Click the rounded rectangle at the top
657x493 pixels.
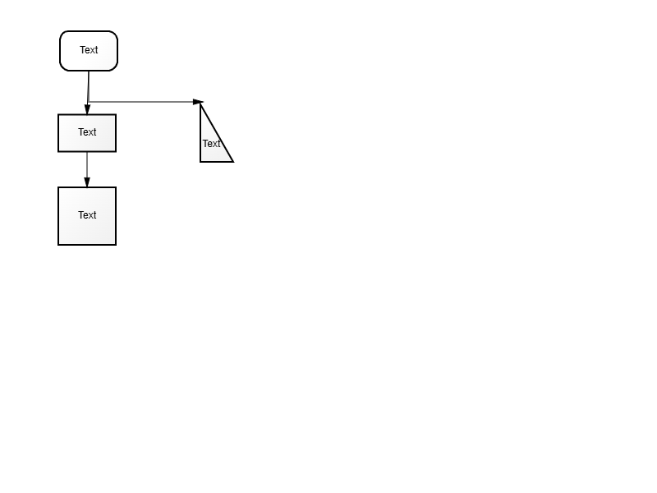[x=89, y=51]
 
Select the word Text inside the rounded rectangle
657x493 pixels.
[x=89, y=50]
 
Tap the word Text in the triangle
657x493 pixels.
[x=211, y=144]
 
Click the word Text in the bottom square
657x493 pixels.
[x=87, y=215]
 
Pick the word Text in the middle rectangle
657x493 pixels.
[x=87, y=132]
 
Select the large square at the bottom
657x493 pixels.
[x=87, y=216]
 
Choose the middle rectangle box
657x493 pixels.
[x=87, y=133]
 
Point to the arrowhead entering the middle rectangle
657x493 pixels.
[x=87, y=109]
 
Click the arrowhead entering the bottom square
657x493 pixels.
[x=87, y=182]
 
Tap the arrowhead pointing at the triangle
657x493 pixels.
[x=198, y=102]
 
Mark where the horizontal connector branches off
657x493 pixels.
[x=89, y=102]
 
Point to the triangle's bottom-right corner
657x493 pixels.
[x=233, y=161]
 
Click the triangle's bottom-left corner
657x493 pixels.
[x=200, y=161]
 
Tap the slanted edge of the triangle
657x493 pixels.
[x=217, y=132]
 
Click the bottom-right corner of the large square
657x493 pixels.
[x=116, y=245]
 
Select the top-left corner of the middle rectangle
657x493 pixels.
[x=58, y=114]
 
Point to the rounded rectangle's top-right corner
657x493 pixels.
[x=115, y=34]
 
